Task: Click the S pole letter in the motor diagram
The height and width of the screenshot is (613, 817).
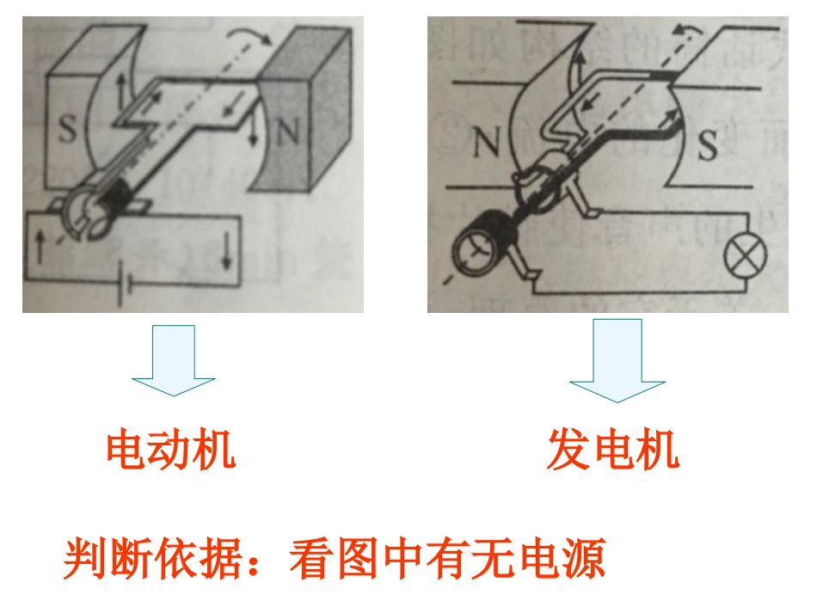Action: click(x=68, y=132)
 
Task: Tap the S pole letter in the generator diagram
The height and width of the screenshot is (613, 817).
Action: click(x=707, y=146)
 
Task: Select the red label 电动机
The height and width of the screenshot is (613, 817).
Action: click(x=170, y=450)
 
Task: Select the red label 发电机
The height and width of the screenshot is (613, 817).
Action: click(x=612, y=450)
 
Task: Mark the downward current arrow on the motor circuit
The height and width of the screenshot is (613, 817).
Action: click(x=226, y=249)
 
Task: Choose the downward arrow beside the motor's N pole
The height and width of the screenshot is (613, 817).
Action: click(x=254, y=129)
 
